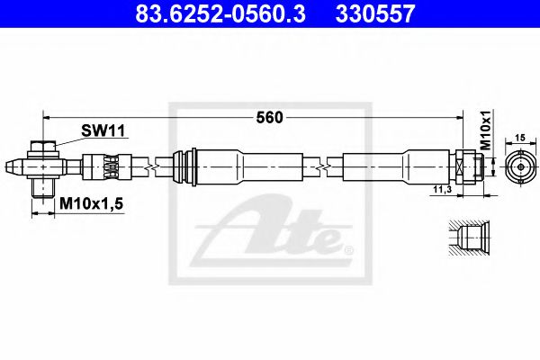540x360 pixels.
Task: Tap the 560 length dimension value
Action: click(271, 117)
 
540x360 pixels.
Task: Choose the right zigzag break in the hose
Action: click(323, 166)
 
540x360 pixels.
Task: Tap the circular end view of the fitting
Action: click(518, 166)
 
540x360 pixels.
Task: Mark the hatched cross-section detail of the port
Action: click(469, 238)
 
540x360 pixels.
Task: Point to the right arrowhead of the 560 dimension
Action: click(470, 117)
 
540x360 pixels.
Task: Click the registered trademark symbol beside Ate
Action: click(347, 247)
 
